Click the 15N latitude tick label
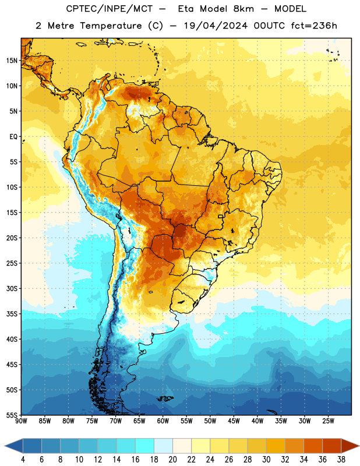point(12,61)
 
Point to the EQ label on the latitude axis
point(13,137)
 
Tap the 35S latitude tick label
point(12,314)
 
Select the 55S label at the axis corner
point(12,415)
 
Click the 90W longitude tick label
point(22,421)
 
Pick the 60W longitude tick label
point(163,421)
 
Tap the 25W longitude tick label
point(328,421)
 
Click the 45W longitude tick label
point(234,421)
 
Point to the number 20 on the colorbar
point(172,460)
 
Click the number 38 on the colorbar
point(341,460)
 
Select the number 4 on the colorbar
point(23,460)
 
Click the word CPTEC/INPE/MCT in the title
point(109,9)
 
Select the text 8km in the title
point(243,9)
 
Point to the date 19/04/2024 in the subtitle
point(216,26)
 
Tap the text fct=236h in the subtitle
point(314,26)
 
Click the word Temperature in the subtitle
point(111,26)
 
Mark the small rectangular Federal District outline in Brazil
point(221,216)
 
